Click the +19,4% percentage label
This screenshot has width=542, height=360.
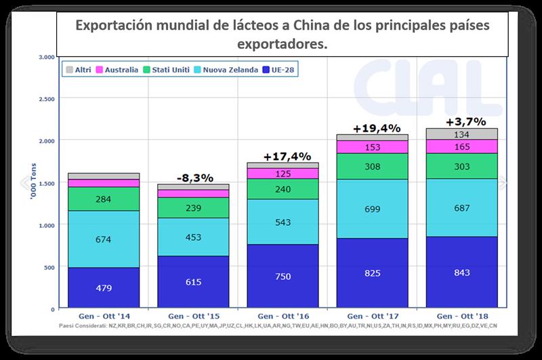(377, 127)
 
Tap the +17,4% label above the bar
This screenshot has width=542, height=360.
(284, 156)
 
